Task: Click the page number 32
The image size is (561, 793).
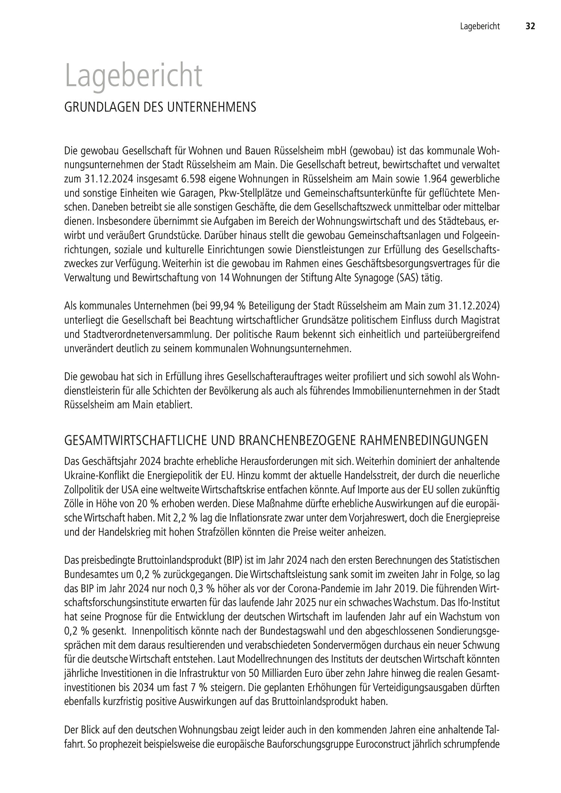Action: coord(530,26)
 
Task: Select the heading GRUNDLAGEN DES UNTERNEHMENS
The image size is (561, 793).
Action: coord(160,108)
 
